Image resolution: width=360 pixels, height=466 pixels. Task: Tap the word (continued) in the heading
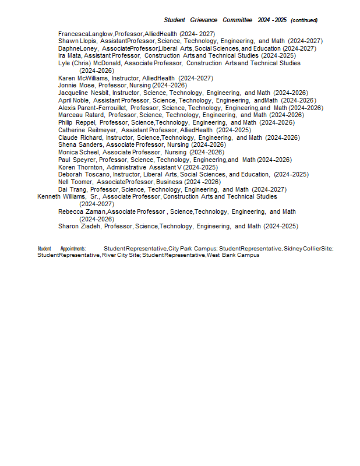[304, 20]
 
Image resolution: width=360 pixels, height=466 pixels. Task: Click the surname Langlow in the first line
[101, 34]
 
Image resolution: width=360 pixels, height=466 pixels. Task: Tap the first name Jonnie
[68, 85]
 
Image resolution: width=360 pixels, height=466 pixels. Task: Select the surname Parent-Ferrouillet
[101, 108]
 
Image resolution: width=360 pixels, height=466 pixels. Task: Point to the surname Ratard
[94, 115]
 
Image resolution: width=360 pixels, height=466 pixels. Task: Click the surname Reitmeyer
[102, 130]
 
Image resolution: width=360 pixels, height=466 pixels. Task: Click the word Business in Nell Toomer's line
[170, 182]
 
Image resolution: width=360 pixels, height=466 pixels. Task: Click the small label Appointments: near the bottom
[73, 249]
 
